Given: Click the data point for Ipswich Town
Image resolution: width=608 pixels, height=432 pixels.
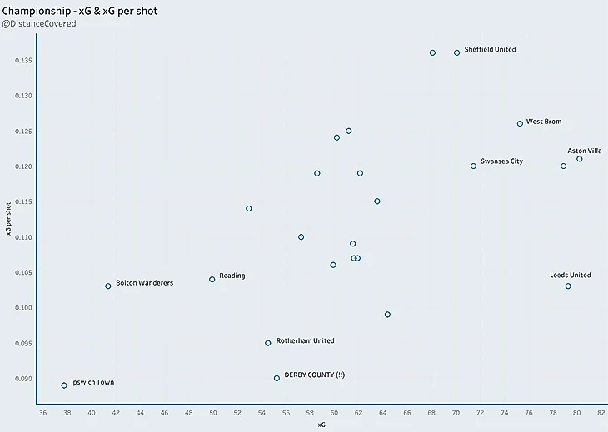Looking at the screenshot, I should point(64,385).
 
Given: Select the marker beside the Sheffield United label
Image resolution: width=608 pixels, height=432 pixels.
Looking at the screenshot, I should point(456,52).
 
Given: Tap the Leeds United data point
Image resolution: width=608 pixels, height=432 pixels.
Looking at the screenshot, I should point(568,286).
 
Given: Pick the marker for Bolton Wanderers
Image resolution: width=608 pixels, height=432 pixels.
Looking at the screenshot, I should point(108,286).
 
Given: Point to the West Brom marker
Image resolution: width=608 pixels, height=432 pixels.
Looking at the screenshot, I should point(520,123).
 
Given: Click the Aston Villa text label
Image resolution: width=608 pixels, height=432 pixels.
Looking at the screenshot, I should point(585,151).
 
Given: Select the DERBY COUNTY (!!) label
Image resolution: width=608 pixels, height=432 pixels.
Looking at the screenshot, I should point(314,375).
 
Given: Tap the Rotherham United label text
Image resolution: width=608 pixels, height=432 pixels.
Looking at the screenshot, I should point(305,340).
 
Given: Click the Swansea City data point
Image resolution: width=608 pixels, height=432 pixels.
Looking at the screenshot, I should point(473,166).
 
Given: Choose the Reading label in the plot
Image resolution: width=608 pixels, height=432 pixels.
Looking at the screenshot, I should point(232,276).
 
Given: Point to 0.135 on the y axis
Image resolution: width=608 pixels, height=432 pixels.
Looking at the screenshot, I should point(22,61).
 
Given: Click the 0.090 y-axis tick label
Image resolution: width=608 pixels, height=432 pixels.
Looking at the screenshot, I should point(22,379).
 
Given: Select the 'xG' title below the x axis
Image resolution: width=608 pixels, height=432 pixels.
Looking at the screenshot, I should point(321,425).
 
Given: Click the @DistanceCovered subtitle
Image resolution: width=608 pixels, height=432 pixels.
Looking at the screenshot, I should point(39,24).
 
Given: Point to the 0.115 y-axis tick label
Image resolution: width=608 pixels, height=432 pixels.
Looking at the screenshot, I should point(22,202).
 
